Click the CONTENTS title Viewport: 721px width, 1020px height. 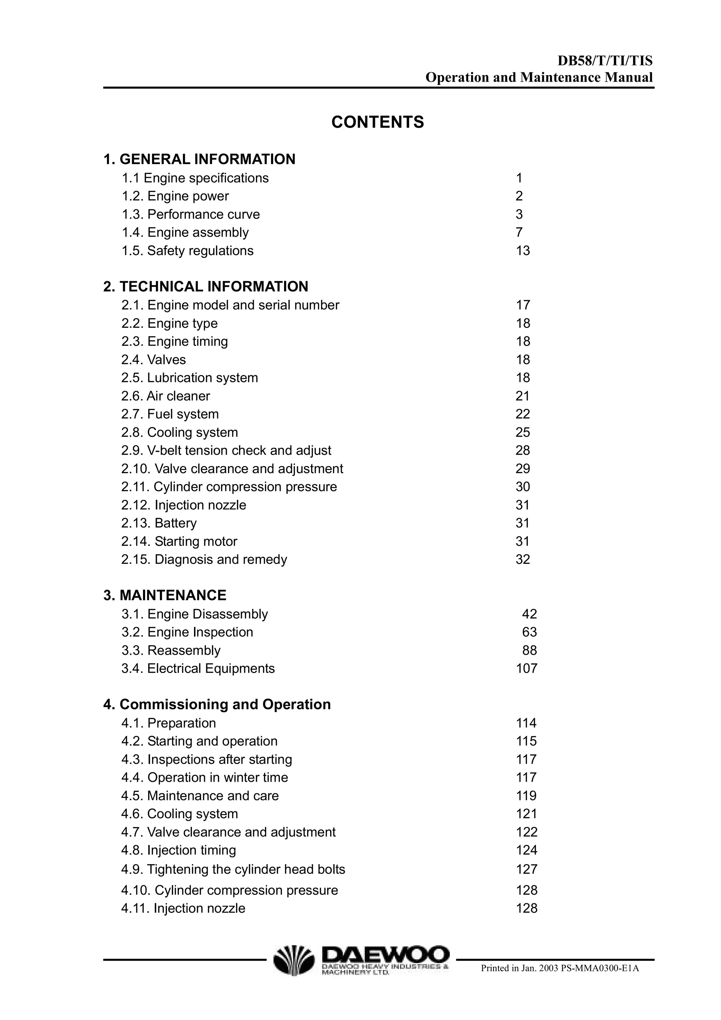click(x=378, y=122)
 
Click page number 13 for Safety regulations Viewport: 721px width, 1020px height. click(x=523, y=251)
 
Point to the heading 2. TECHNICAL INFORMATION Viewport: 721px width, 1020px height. click(x=206, y=287)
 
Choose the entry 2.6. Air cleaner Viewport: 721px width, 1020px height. click(x=166, y=396)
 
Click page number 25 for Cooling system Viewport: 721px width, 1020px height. click(x=523, y=432)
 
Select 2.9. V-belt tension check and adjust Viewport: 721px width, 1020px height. click(x=226, y=451)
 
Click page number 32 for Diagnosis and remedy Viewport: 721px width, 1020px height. click(x=523, y=559)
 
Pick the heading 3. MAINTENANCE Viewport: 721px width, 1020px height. click(x=165, y=595)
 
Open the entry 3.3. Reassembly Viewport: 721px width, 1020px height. click(x=171, y=650)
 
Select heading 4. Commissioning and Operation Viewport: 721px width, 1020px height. click(x=217, y=705)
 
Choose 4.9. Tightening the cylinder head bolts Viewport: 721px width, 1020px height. click(x=233, y=869)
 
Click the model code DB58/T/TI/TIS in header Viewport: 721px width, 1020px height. click(x=605, y=61)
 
